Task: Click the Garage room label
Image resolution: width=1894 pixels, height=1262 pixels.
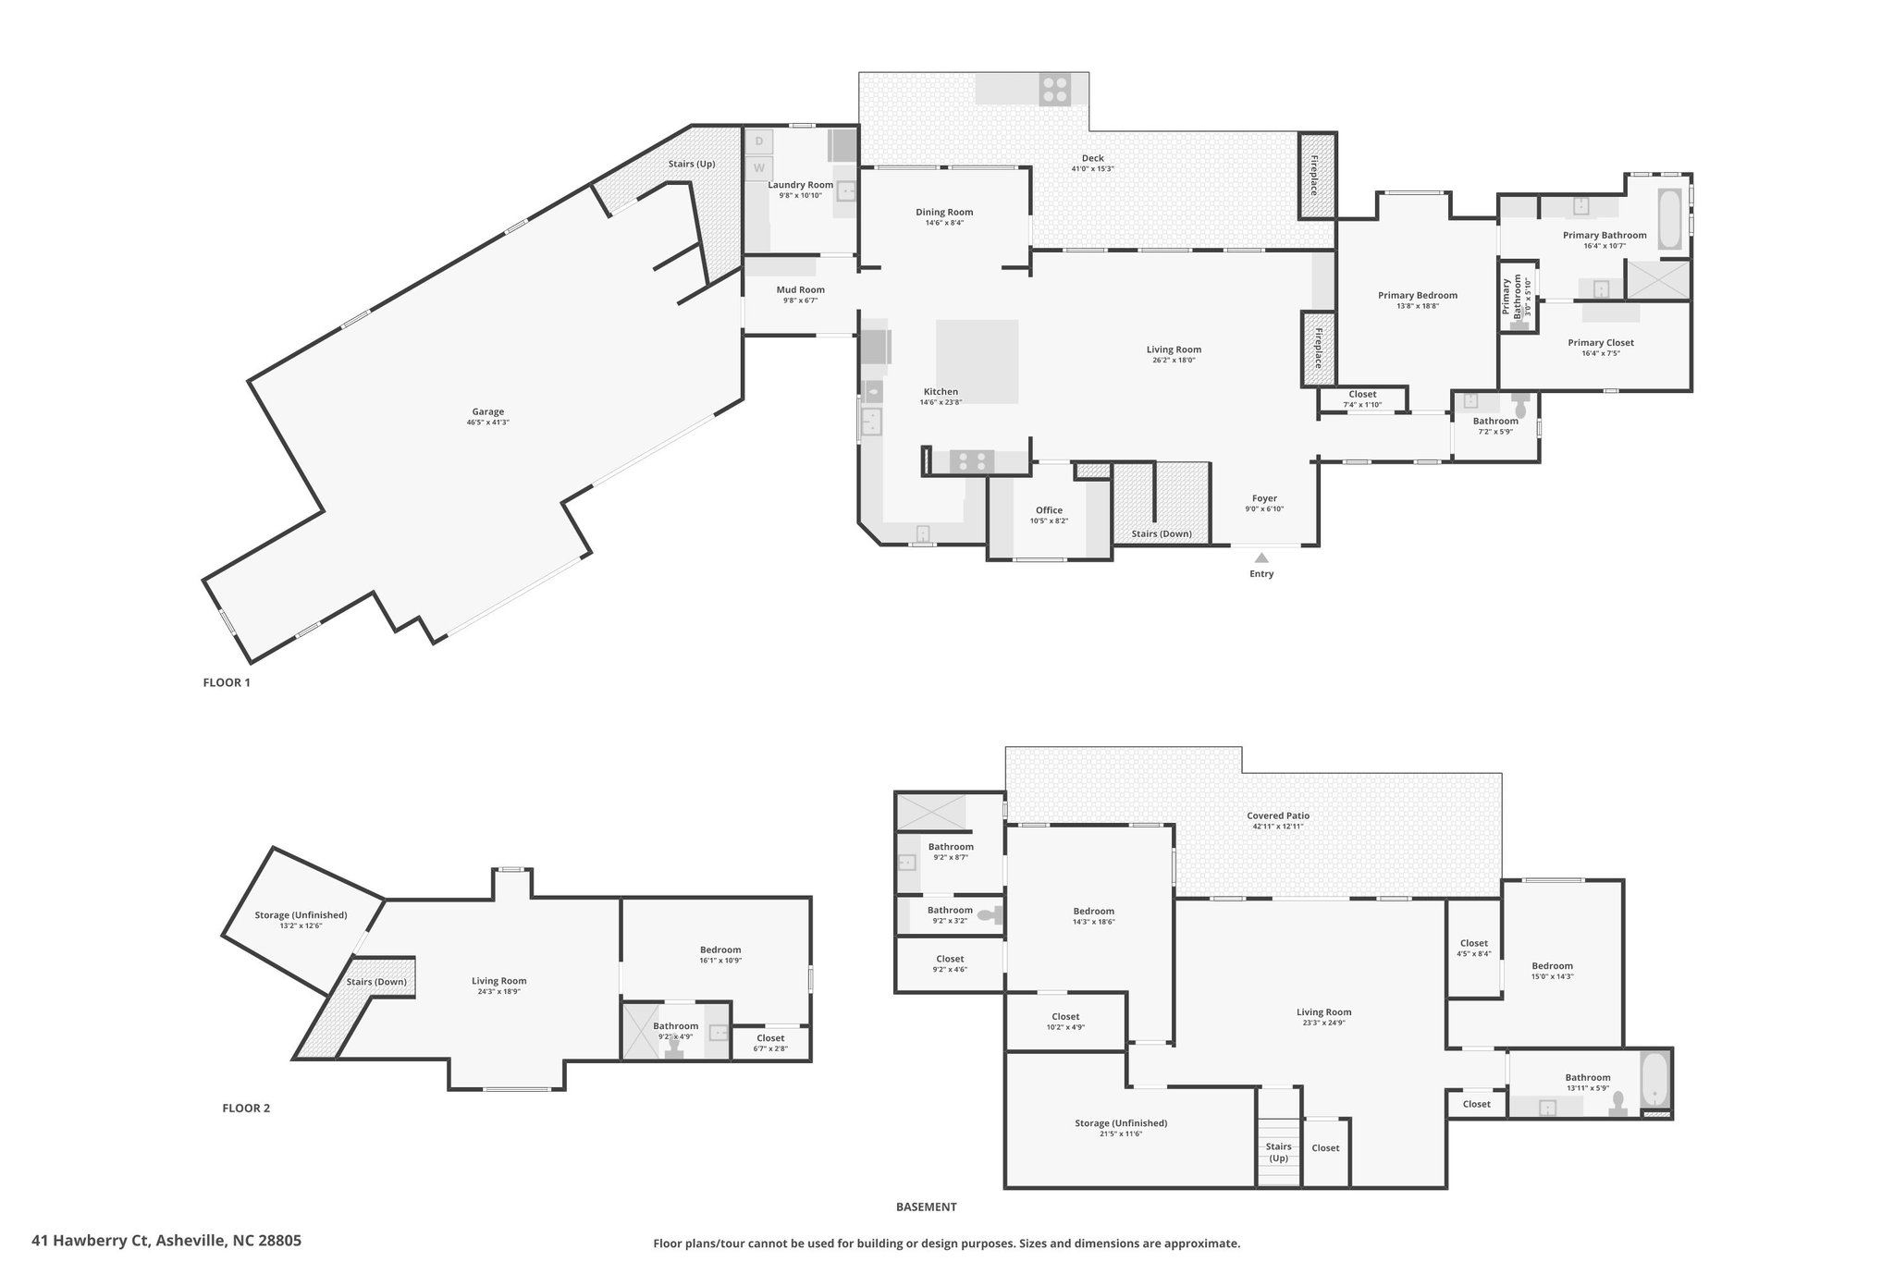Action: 488,412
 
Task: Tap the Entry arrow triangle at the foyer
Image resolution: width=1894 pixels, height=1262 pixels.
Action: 1261,557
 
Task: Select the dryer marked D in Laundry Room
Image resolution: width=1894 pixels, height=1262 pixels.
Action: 759,141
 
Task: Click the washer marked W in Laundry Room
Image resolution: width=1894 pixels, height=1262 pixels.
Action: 759,168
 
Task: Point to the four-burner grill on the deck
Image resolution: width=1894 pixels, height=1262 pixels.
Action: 1055,90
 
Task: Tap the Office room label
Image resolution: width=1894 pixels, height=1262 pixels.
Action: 1049,510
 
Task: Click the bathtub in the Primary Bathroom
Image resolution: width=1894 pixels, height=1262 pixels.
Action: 1670,219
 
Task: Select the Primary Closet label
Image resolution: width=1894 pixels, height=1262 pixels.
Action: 1601,343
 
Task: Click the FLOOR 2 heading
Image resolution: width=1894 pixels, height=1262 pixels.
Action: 246,1109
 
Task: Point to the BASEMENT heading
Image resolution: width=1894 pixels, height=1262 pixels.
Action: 926,1207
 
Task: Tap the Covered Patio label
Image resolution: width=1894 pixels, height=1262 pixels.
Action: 1278,816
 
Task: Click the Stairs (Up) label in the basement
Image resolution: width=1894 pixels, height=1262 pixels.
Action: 1278,1152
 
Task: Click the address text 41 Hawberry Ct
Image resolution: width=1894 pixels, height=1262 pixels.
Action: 166,1241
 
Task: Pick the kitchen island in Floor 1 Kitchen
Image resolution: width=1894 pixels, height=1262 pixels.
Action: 977,361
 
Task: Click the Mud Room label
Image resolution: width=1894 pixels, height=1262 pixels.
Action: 800,290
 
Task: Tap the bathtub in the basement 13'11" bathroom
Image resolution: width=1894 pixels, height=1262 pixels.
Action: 1654,1078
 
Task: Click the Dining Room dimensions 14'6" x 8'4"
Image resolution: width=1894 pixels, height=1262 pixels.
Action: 944,223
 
